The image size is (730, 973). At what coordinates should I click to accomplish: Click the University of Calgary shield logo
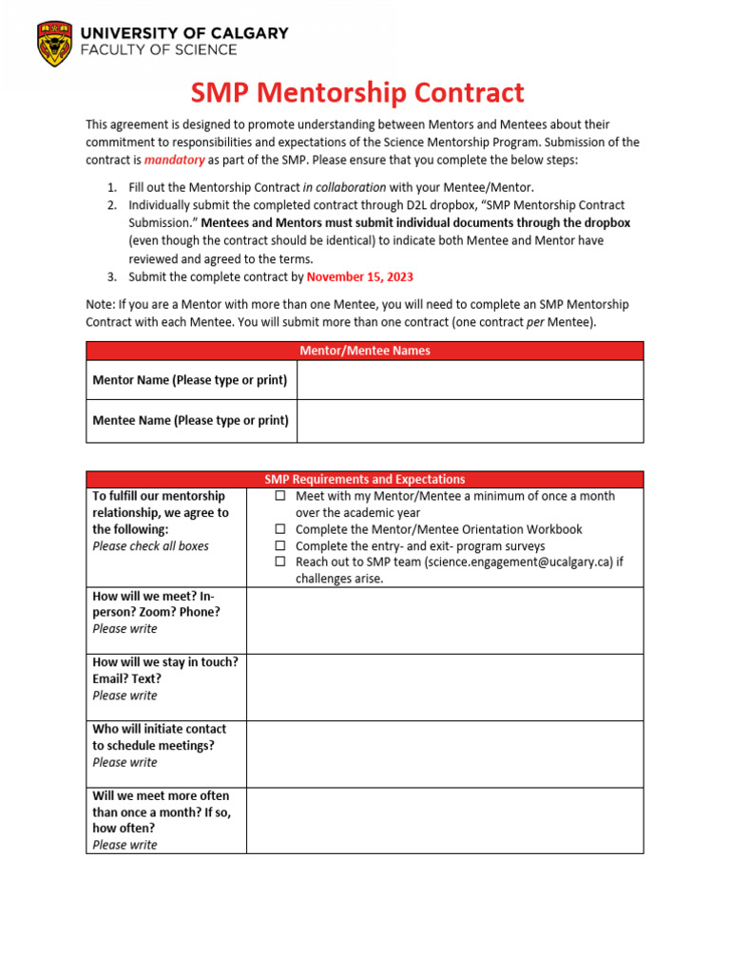pos(54,44)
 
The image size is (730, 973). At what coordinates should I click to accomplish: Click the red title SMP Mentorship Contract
pos(357,93)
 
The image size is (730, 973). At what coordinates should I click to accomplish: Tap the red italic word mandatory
pos(174,160)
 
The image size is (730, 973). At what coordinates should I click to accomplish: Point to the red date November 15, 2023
pos(360,277)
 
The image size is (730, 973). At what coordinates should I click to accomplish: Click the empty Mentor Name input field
pos(470,380)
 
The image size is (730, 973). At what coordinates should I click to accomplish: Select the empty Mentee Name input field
pos(470,420)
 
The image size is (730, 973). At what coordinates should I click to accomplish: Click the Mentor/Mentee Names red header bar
pos(365,351)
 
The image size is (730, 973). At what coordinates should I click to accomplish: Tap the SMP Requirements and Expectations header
pos(365,480)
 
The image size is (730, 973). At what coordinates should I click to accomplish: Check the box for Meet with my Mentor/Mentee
pos(280,497)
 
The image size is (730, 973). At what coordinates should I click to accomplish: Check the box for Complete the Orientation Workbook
pos(280,529)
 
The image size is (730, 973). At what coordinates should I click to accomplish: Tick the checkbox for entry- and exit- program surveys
pos(280,546)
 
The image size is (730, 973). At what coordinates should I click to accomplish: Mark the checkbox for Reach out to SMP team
pos(280,563)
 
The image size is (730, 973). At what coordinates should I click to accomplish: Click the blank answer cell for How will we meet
pos(444,620)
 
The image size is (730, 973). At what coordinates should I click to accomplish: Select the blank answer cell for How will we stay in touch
pos(444,687)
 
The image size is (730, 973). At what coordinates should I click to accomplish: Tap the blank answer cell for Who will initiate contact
pos(444,754)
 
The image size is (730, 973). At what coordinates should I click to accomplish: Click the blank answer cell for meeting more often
pos(444,820)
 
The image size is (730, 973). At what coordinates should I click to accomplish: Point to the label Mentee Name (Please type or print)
pos(191,420)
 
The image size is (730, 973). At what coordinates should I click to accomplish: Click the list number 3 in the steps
pos(111,277)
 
